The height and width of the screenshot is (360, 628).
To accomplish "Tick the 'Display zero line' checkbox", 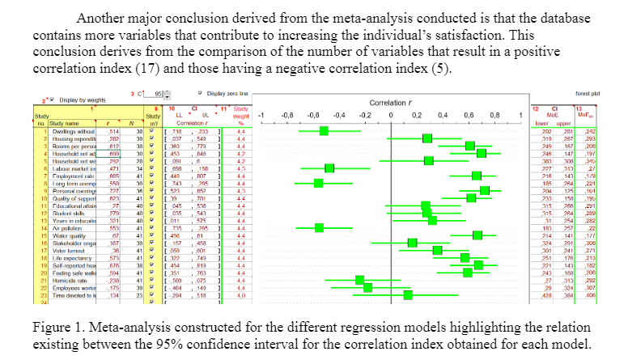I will [200, 94].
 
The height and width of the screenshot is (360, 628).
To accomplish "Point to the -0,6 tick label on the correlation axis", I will [312, 115].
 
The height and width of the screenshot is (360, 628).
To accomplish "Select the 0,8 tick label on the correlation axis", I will [494, 115].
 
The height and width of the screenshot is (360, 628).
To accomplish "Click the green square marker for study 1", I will [324, 130].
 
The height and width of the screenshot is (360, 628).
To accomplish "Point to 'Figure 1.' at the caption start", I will [57, 328].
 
